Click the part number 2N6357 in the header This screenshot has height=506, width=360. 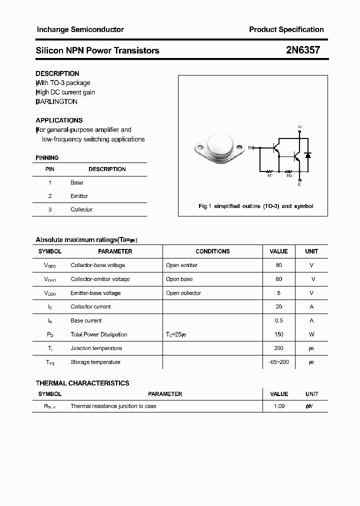click(302, 50)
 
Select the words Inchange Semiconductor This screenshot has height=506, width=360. click(80, 29)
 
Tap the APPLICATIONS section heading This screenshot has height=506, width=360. click(59, 120)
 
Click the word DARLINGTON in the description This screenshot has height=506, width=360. click(57, 101)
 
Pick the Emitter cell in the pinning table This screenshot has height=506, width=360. click(79, 196)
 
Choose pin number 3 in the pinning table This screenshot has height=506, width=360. click(50, 209)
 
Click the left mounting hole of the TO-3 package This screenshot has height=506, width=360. click(199, 148)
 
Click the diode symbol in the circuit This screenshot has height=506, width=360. click(308, 155)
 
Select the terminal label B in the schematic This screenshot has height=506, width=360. click(250, 147)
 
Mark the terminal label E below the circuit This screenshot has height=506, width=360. click(299, 184)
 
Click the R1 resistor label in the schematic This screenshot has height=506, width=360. click(270, 175)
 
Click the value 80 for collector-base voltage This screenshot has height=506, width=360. click(278, 265)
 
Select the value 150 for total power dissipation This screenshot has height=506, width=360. click(278, 334)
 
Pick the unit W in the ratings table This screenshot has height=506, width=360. click(311, 334)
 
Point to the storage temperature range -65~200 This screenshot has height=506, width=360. click(278, 362)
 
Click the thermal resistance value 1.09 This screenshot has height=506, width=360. click(279, 406)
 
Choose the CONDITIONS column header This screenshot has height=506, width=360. click(212, 251)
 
